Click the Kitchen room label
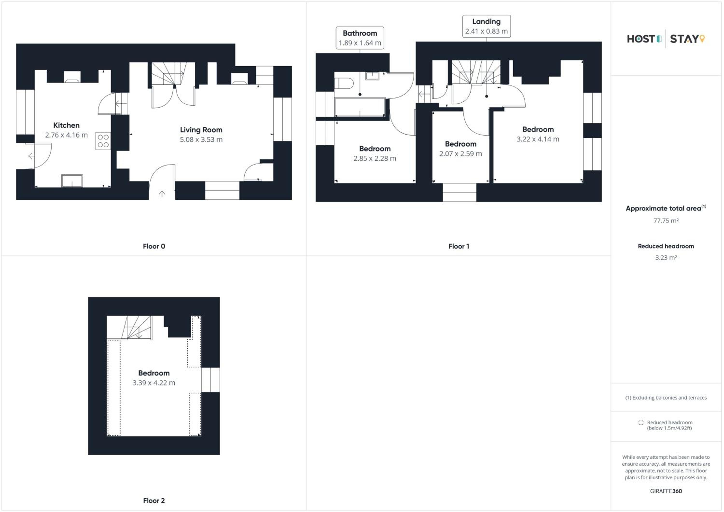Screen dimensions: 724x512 click(66, 125)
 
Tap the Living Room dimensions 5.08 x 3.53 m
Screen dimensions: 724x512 click(201, 139)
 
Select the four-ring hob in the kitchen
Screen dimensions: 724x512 click(103, 141)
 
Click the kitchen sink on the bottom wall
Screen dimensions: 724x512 click(72, 181)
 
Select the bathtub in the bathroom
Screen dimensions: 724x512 click(360, 107)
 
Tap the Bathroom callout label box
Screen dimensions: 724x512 click(360, 38)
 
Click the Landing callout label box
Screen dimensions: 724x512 click(486, 26)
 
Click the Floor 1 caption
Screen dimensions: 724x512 click(459, 246)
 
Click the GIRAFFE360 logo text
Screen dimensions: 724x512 click(666, 491)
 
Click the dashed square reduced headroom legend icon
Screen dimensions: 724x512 click(641, 422)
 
